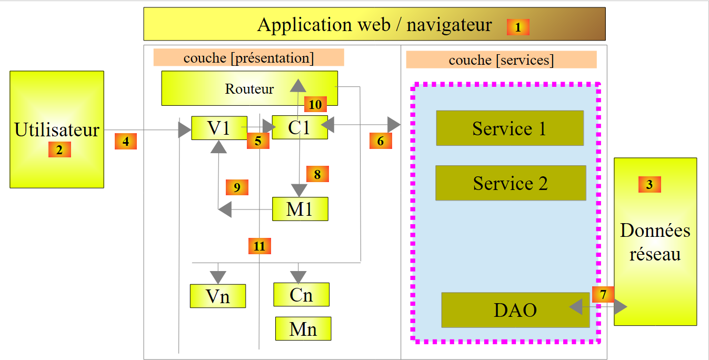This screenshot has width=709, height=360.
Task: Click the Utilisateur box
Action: click(x=57, y=129)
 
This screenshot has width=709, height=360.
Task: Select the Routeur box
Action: click(x=249, y=88)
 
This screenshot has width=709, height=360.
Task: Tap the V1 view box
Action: click(x=219, y=128)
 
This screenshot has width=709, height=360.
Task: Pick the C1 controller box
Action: click(x=299, y=127)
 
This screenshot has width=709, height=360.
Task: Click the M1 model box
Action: click(x=300, y=209)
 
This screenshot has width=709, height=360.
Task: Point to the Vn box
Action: click(x=218, y=296)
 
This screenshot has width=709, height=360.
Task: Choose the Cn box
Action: click(x=301, y=295)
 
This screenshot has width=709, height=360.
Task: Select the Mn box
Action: click(x=303, y=329)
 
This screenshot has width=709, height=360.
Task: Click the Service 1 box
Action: click(x=510, y=128)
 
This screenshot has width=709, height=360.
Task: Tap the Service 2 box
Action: click(x=511, y=183)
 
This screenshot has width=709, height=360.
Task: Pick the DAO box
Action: click(x=515, y=310)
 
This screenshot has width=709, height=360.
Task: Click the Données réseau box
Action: click(x=655, y=242)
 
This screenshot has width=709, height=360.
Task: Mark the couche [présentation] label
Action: click(x=248, y=57)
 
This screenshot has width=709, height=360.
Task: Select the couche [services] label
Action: click(x=501, y=60)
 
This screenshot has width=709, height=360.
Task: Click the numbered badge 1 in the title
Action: click(x=518, y=27)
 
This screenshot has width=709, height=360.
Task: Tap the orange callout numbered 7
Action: click(x=603, y=294)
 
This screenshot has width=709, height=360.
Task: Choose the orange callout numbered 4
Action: click(x=126, y=142)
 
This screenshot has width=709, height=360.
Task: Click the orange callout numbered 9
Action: click(x=237, y=187)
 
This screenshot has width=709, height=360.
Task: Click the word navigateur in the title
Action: click(x=449, y=25)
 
